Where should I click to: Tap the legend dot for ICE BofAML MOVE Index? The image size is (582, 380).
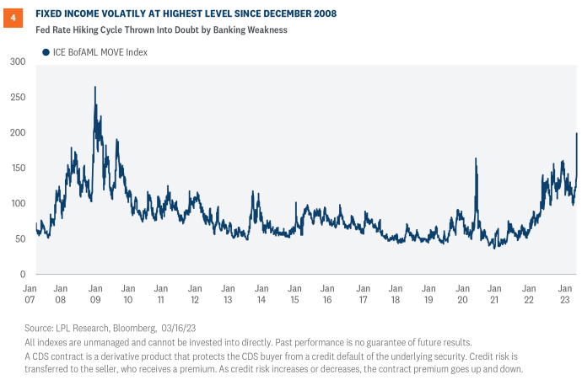click(46, 53)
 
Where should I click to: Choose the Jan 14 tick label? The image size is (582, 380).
click(261, 294)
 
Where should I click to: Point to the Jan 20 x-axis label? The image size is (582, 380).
click(462, 294)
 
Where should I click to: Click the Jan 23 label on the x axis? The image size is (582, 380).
click(563, 294)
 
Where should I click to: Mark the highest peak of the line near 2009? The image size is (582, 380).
click(94, 87)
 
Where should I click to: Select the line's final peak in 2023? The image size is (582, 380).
click(577, 133)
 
